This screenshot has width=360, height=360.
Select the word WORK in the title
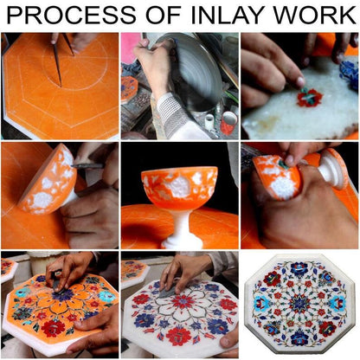(315, 15)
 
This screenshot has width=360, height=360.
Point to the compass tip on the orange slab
(61, 86)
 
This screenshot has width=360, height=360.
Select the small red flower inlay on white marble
(310, 98)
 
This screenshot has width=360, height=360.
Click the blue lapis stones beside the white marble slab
(349, 72)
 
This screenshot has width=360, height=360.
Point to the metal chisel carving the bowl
(87, 166)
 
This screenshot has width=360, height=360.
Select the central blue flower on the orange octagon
(61, 295)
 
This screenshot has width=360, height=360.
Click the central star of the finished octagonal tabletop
(300, 303)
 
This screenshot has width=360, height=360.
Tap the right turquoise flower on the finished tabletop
(337, 304)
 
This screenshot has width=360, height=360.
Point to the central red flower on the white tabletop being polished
(183, 302)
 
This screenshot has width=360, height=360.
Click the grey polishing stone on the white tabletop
(168, 291)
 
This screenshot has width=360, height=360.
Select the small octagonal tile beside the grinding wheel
(128, 89)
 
